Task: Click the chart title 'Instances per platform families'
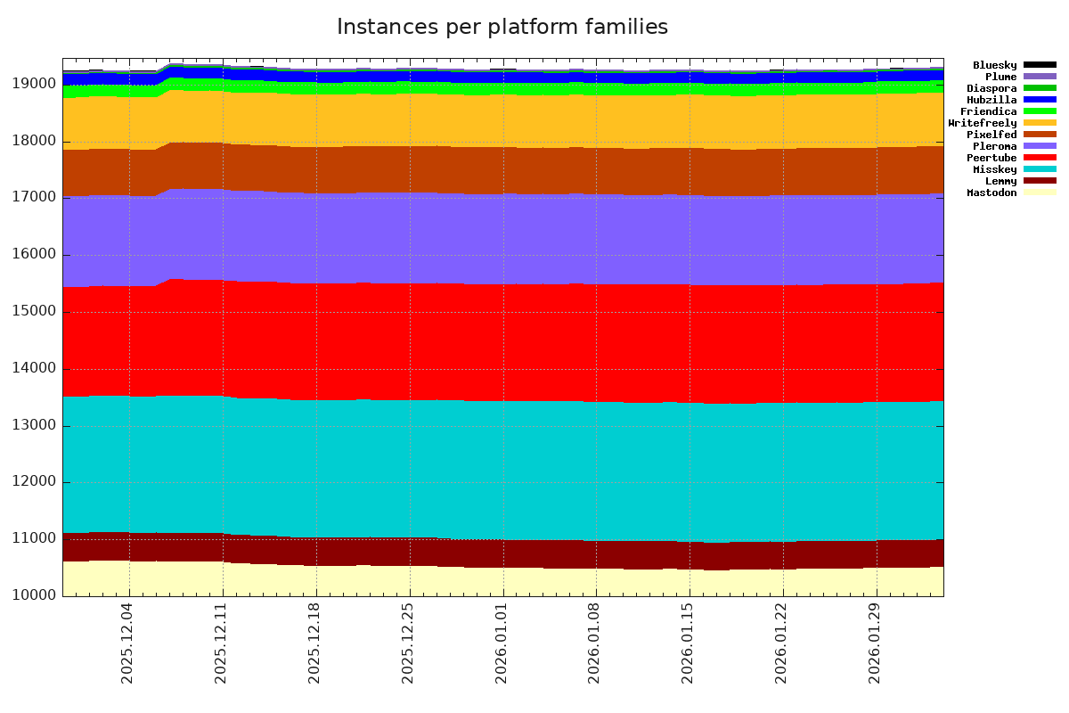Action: pos(502,28)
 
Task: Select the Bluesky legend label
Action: pos(994,65)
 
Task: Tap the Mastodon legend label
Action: pos(991,193)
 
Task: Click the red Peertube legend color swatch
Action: pos(1040,158)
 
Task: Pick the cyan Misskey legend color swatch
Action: pos(1040,169)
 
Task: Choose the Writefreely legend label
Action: pos(983,123)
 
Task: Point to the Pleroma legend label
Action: pos(994,146)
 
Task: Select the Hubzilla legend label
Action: pos(991,100)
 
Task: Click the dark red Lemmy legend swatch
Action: pos(1040,181)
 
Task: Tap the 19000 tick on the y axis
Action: pos(37,84)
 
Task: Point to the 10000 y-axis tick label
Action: pos(37,595)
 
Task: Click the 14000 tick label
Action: pos(37,368)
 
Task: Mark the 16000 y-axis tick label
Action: pos(37,255)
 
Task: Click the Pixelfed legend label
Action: pos(991,135)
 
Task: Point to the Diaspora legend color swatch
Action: pos(1040,88)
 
